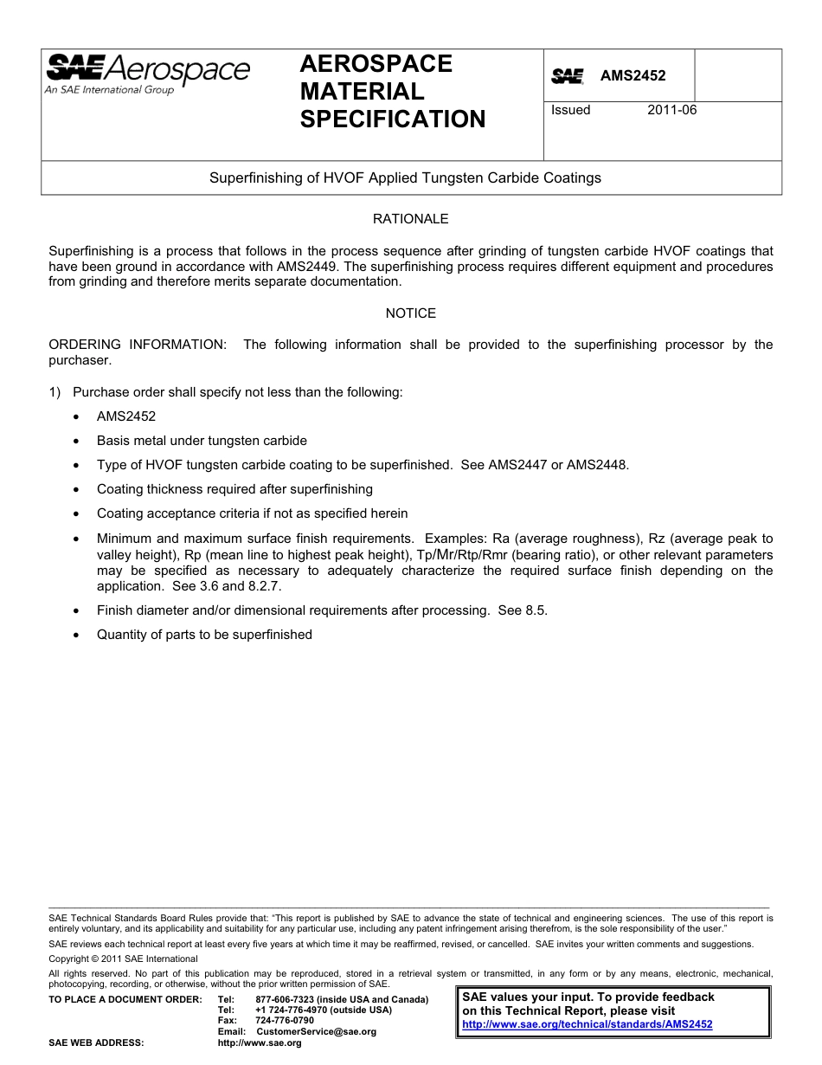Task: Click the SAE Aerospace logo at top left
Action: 147,74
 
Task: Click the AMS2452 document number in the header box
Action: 633,76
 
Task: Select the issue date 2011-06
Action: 671,110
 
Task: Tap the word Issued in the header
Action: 571,110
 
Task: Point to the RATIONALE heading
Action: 410,219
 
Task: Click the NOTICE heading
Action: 410,313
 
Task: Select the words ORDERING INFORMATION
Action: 137,345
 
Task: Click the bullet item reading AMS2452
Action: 126,416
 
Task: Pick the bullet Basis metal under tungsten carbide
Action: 202,441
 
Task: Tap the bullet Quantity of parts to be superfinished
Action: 204,635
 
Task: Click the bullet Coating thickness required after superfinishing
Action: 234,489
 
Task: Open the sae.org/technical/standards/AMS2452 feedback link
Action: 588,1023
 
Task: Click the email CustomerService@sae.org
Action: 316,1031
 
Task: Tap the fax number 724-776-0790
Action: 285,1021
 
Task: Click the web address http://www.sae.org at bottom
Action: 260,1043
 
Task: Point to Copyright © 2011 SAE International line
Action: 123,958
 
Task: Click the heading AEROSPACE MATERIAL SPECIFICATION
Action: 392,92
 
